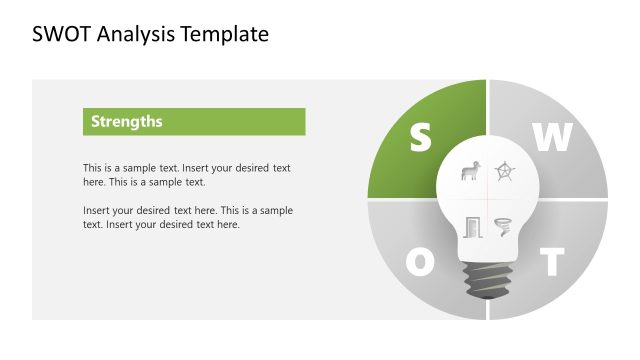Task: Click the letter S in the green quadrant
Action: tap(421, 138)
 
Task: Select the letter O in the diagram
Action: tap(421, 262)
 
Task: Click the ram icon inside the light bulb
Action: tap(469, 172)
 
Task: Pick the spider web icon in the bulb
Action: tap(506, 171)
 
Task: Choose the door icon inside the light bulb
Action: tap(472, 227)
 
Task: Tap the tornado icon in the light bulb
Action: tap(504, 226)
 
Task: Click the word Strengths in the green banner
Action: tap(126, 122)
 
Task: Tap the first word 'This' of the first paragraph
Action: tap(93, 168)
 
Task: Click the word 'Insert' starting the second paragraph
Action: tap(97, 211)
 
